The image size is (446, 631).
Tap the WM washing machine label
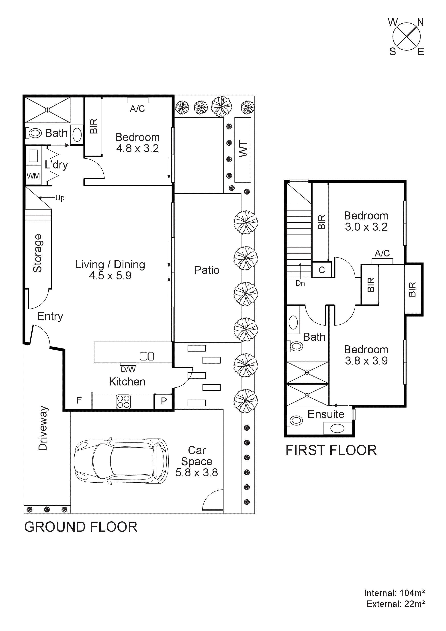point(33,176)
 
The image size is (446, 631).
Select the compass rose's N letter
point(420,22)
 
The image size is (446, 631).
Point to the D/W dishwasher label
point(128,369)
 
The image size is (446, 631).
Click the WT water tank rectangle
point(243,150)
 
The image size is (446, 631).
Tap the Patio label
point(207,270)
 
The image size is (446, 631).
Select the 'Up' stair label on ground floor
point(60,198)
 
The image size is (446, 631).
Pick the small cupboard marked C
point(322,270)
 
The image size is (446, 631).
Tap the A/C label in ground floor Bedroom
point(137,109)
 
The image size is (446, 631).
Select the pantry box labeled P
point(164,401)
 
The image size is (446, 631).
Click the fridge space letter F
point(79,400)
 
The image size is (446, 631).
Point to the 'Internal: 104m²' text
point(394,593)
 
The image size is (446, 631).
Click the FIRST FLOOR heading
point(331,450)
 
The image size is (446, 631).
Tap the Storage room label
point(38,253)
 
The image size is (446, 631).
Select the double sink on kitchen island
point(147,356)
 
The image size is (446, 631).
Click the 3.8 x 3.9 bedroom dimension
point(366,361)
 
